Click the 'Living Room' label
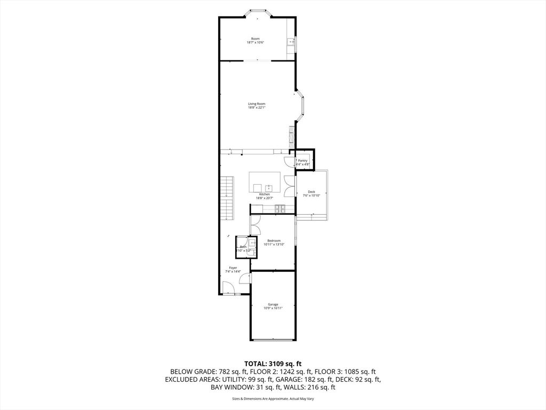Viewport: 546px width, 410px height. pos(256,104)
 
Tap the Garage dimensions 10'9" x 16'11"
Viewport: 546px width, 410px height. pos(272,308)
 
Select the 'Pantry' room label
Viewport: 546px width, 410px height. pos(302,161)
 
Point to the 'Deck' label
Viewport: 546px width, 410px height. pos(311,192)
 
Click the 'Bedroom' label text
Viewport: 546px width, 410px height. pos(274,241)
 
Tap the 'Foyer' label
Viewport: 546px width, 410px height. pos(233,267)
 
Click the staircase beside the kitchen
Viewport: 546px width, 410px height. pos(228,199)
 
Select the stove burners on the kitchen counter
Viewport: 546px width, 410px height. pos(280,208)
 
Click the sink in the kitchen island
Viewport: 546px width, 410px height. pos(269,187)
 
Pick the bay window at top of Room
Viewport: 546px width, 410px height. pos(257,12)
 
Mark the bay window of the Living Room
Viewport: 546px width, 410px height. pos(301,106)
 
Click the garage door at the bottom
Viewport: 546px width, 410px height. pos(272,340)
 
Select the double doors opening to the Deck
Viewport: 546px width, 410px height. pos(290,187)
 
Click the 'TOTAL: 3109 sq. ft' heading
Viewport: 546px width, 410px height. pos(272,363)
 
